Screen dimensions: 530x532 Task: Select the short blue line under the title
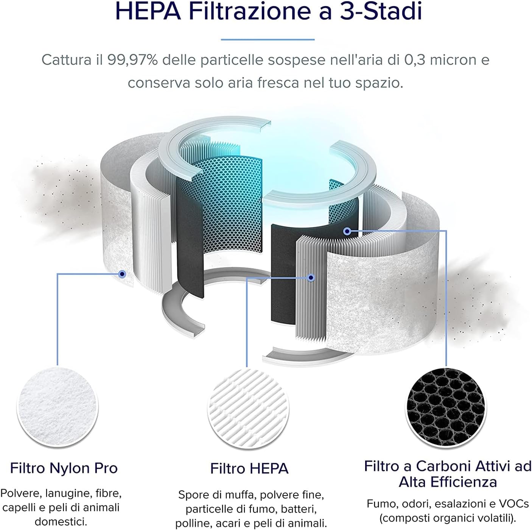(268, 39)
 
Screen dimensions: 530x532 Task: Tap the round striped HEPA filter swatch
(248, 406)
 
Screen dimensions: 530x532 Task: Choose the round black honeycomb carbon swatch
(446, 405)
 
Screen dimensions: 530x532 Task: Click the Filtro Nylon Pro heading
(64, 468)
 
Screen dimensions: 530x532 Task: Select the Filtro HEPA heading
(249, 469)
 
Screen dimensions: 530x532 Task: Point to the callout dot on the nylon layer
(122, 274)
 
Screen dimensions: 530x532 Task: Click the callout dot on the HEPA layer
(311, 277)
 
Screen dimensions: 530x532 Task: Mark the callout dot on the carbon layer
(347, 231)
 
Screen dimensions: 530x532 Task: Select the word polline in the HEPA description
(190, 523)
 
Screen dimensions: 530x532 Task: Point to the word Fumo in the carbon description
(380, 504)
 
